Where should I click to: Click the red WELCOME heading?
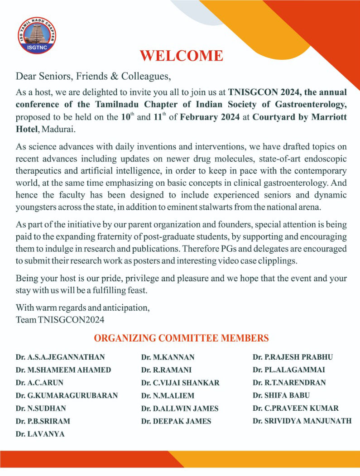[181, 56]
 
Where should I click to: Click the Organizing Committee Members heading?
[181, 338]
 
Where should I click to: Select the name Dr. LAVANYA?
[40, 433]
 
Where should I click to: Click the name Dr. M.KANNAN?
[168, 357]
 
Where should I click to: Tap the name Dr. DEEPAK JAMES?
[176, 421]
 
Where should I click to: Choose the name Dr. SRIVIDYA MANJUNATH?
[302, 421]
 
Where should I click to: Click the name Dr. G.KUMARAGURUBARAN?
[67, 395]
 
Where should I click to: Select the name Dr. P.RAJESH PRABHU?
[293, 357]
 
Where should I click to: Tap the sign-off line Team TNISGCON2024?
[60, 320]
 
